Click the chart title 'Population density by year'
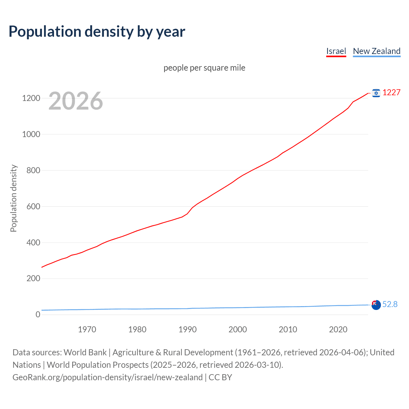(97, 32)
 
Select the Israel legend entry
(336, 51)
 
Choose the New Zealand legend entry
(376, 51)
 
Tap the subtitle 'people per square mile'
(204, 68)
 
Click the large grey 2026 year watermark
(76, 101)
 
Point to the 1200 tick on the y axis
(31, 98)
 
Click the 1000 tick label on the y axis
(31, 135)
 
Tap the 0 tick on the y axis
(38, 315)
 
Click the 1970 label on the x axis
(87, 329)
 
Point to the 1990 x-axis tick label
(188, 329)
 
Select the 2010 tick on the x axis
(288, 329)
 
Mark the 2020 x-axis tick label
(338, 329)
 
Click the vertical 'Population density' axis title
(13, 198)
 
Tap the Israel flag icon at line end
(376, 93)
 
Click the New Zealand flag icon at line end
(376, 305)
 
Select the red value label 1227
(391, 93)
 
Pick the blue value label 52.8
(390, 305)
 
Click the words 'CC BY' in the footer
(220, 377)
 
